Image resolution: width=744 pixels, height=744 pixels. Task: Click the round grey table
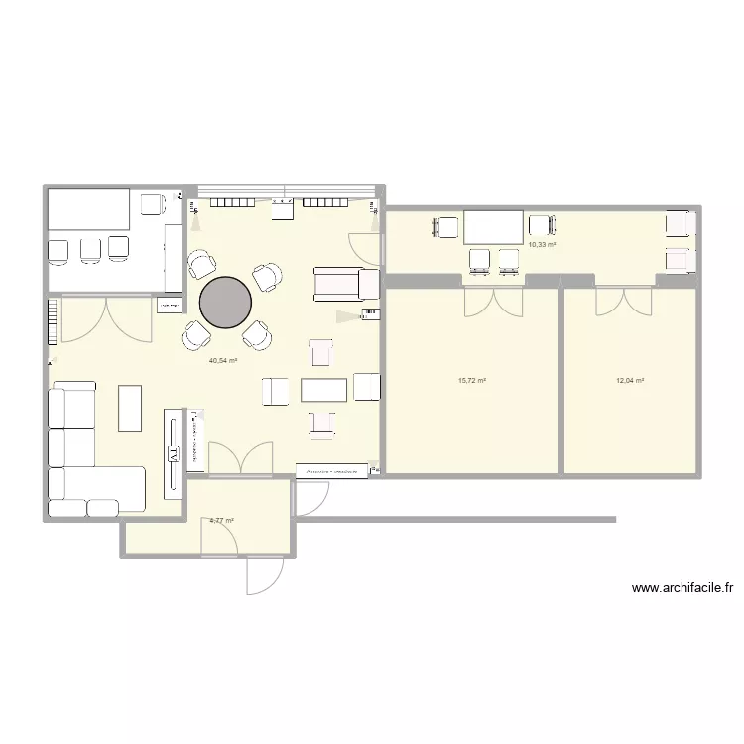(226, 302)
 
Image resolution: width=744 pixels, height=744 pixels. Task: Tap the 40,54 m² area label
(223, 361)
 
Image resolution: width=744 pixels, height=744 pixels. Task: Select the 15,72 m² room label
(471, 380)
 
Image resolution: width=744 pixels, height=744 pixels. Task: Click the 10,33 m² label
(542, 244)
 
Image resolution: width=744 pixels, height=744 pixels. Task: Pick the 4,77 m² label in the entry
(222, 519)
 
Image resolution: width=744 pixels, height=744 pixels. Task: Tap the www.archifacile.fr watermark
(682, 589)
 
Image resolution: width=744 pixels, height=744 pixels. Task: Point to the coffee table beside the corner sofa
(130, 408)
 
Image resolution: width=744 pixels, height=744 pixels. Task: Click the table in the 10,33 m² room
(492, 227)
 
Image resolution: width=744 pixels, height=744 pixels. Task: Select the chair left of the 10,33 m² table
(443, 227)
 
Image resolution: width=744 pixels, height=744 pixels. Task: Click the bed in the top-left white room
(89, 210)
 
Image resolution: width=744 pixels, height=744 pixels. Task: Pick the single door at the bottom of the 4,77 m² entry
(264, 573)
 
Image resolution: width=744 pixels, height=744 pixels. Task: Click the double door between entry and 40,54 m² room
(240, 459)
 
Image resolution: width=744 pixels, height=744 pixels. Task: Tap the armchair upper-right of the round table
(266, 277)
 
